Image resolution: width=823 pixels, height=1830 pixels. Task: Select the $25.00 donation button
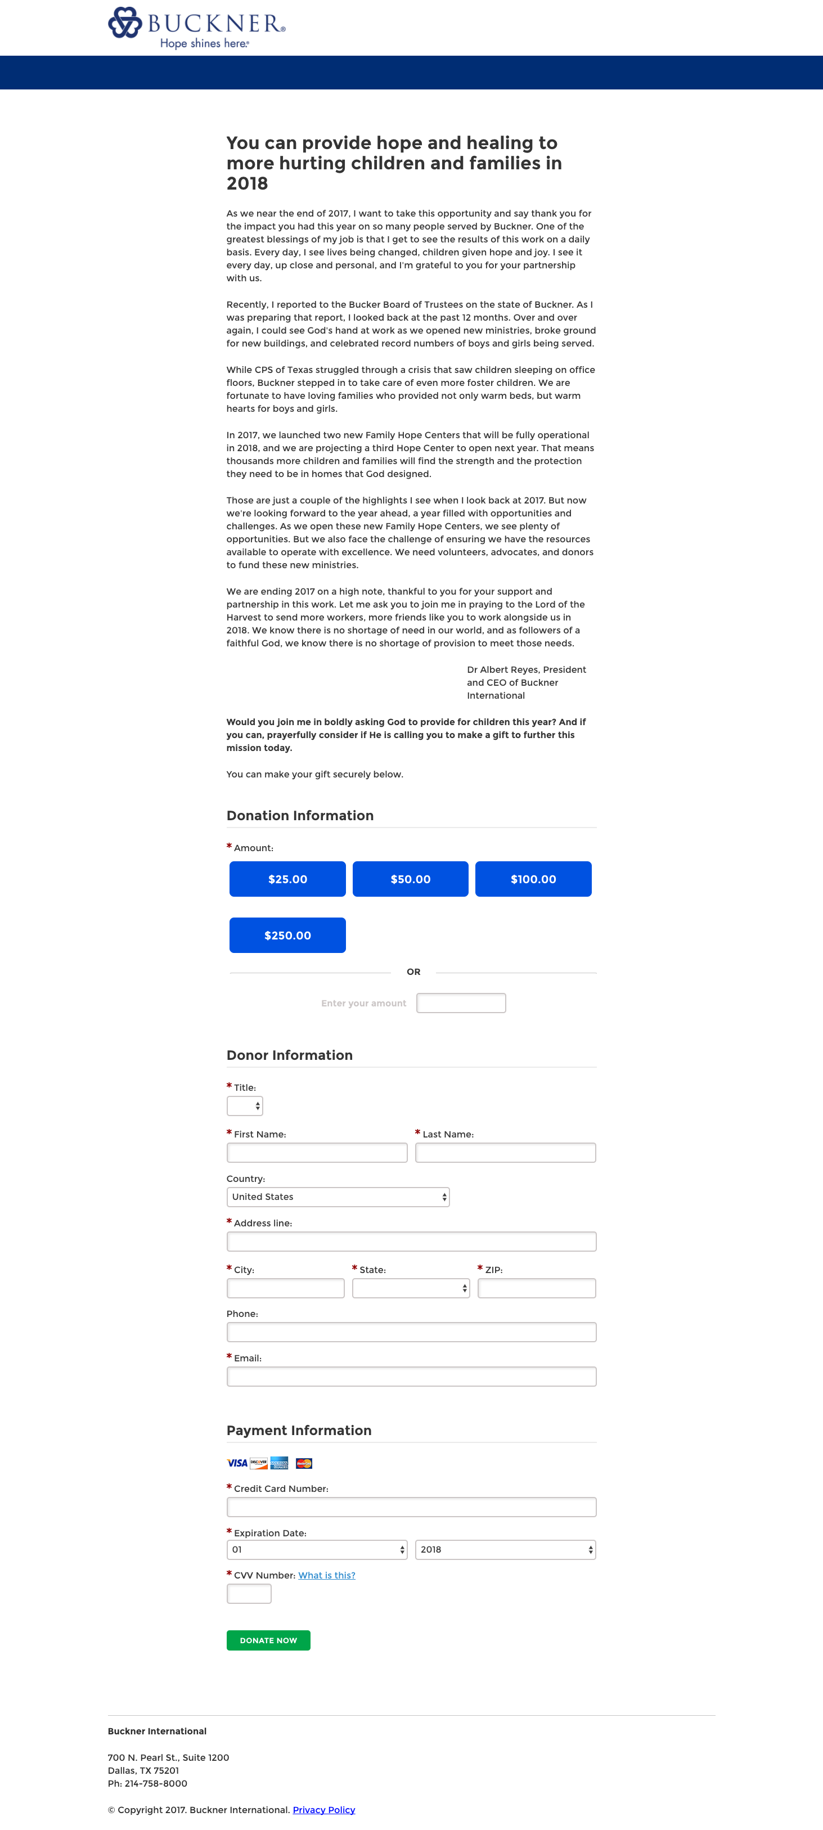click(x=287, y=879)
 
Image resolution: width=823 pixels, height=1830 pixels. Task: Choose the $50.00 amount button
click(x=411, y=879)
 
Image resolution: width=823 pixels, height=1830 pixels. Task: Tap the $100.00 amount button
click(x=533, y=879)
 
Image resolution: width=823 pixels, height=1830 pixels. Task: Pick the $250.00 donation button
click(x=287, y=935)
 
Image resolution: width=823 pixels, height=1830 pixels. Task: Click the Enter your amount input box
click(x=461, y=1002)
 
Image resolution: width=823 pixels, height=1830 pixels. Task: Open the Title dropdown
click(x=244, y=1105)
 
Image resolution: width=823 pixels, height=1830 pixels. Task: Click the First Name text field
click(x=317, y=1152)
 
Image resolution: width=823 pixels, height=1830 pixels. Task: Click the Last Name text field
click(x=505, y=1152)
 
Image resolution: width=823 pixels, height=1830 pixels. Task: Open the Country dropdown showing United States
click(x=338, y=1197)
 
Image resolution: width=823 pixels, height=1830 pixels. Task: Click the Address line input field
click(x=411, y=1241)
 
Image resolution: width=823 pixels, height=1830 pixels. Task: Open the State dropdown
click(x=411, y=1288)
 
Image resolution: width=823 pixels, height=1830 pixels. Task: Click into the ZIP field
click(x=536, y=1288)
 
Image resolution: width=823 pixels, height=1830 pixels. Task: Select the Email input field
click(x=411, y=1376)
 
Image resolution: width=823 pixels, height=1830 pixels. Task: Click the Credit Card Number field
click(x=411, y=1507)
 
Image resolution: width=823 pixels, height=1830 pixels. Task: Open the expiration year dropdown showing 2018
click(x=505, y=1549)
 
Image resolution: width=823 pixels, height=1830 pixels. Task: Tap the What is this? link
click(x=327, y=1575)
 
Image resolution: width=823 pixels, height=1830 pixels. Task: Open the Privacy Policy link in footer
click(x=324, y=1809)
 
